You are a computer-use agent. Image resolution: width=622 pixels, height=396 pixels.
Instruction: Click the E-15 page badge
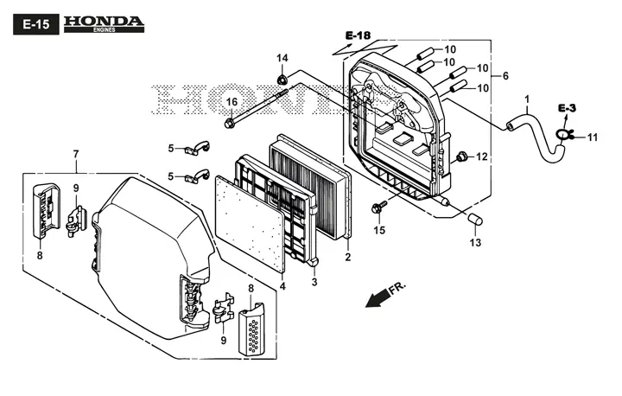(36, 24)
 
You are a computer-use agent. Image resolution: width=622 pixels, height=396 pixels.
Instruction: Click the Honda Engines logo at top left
(104, 24)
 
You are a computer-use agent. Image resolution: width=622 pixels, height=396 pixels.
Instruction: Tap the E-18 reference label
(358, 35)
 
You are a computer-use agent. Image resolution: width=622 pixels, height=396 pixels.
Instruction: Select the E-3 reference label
(567, 108)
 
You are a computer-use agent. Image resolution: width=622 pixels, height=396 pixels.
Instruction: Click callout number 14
(282, 59)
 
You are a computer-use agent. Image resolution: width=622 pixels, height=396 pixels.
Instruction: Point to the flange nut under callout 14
(282, 79)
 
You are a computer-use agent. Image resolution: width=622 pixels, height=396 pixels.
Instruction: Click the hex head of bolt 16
(229, 123)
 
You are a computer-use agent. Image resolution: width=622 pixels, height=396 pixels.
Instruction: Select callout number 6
(505, 76)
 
